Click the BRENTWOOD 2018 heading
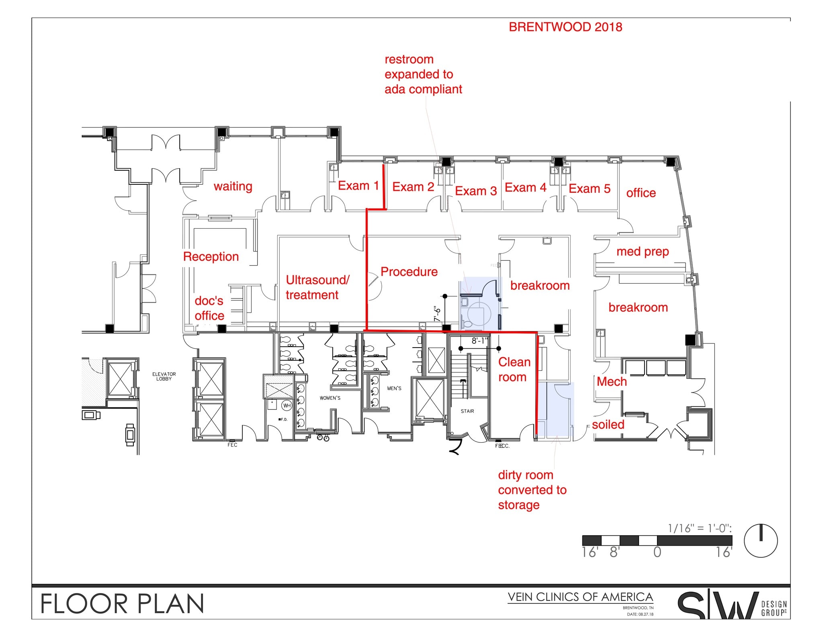(565, 27)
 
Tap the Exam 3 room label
(475, 191)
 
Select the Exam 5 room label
(589, 188)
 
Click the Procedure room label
(409, 272)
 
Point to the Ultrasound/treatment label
(317, 287)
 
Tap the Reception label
(211, 257)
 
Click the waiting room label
(233, 186)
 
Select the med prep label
(642, 252)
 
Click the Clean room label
(514, 369)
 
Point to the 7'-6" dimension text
(438, 314)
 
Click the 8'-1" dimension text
(479, 341)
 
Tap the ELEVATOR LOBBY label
(164, 376)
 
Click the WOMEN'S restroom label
(330, 398)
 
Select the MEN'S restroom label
(394, 389)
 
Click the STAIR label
(467, 411)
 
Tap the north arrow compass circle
(760, 541)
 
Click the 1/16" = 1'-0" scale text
(699, 528)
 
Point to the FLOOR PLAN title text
(123, 604)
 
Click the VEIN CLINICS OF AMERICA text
(580, 597)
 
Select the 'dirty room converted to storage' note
(531, 490)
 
